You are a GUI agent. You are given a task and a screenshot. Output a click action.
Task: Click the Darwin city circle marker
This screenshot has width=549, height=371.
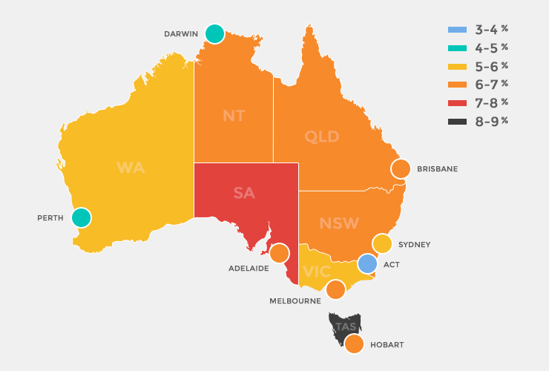click(214, 33)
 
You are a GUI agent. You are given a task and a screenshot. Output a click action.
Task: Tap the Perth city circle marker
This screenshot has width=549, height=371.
click(81, 217)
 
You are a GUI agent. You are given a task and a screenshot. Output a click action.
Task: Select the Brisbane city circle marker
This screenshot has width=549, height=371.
click(401, 168)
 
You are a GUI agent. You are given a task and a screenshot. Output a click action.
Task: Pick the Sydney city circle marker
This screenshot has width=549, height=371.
click(381, 243)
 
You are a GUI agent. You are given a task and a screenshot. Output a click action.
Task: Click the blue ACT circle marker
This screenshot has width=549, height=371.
click(367, 263)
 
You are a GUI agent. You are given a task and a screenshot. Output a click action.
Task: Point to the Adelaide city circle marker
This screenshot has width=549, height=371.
click(279, 254)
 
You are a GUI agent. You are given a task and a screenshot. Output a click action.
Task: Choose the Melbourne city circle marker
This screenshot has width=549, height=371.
click(335, 289)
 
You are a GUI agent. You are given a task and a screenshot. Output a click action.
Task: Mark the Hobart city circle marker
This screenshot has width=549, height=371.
click(354, 344)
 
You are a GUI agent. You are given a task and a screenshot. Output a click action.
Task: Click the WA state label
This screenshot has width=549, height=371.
click(131, 168)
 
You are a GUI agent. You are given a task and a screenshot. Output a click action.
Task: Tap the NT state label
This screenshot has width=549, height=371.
click(234, 116)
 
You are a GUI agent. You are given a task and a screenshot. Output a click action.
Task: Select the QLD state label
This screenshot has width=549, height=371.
click(322, 137)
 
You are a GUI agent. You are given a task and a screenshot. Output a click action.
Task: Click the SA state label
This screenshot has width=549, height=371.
click(244, 193)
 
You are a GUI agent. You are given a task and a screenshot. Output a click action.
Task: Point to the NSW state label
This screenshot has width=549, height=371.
click(339, 223)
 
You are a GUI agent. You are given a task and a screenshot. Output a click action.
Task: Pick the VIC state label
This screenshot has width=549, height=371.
click(317, 272)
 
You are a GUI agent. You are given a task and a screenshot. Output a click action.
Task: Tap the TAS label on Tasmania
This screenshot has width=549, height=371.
click(346, 327)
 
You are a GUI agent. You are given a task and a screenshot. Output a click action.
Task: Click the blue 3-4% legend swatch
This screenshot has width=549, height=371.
click(457, 30)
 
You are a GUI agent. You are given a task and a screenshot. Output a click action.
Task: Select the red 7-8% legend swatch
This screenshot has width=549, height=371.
click(457, 102)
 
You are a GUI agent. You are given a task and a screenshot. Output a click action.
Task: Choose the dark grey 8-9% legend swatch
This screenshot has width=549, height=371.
click(457, 121)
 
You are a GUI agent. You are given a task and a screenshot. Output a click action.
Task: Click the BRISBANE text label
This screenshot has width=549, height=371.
click(437, 169)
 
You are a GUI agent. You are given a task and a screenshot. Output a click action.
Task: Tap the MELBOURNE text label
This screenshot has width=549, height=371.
click(295, 301)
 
